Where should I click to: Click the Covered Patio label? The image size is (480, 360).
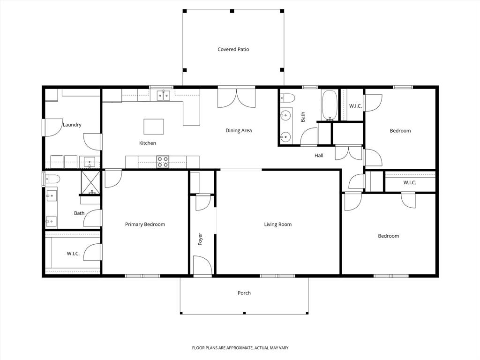(x=233, y=49)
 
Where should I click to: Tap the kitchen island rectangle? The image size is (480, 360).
(x=154, y=127)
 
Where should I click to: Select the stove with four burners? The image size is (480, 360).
(x=163, y=162)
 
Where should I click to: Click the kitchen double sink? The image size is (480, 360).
(x=163, y=96)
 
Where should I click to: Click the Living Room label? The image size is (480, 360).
(x=277, y=225)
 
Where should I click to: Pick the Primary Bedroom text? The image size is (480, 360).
(x=145, y=225)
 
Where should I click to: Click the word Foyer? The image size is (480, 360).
(x=200, y=239)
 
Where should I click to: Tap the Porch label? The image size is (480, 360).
(x=244, y=293)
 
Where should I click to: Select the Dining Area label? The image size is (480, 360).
(x=239, y=131)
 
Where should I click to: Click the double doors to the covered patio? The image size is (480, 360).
(x=236, y=97)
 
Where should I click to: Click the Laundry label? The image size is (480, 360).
(x=72, y=125)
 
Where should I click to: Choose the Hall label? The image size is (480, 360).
(x=319, y=156)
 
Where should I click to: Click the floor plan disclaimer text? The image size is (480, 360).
(x=240, y=348)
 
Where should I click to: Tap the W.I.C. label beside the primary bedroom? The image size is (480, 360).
(x=73, y=254)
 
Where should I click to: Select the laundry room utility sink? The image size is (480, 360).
(x=90, y=162)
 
